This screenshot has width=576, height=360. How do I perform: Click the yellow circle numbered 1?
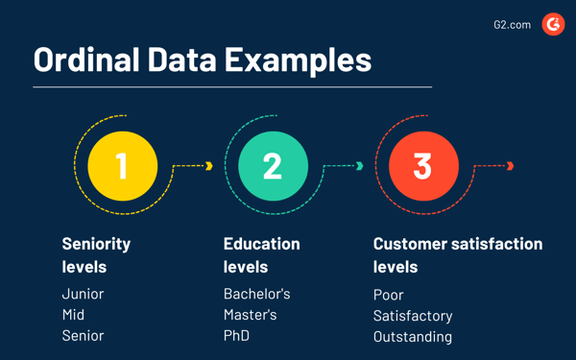[x=122, y=165]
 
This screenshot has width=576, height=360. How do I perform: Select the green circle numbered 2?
[x=273, y=165]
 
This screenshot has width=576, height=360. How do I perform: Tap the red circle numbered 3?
[x=422, y=165]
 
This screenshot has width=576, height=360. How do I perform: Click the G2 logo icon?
[x=553, y=24]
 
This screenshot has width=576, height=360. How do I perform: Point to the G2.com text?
[x=512, y=25]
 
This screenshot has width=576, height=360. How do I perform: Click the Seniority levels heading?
[x=96, y=254]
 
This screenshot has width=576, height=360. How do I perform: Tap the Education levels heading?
[x=261, y=254]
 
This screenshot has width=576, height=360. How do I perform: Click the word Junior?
[x=83, y=294]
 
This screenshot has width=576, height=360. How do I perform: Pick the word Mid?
[x=73, y=315]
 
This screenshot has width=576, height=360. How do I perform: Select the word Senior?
[x=83, y=336]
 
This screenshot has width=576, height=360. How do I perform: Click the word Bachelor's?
[x=256, y=294]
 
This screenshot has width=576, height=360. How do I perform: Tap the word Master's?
[x=250, y=315]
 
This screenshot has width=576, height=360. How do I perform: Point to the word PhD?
[x=236, y=336]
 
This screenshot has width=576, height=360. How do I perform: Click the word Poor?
[x=388, y=295]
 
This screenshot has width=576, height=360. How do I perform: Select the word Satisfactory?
[x=413, y=316]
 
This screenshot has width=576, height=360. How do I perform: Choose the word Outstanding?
[x=413, y=337]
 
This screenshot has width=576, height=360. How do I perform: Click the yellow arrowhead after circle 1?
[x=209, y=166]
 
